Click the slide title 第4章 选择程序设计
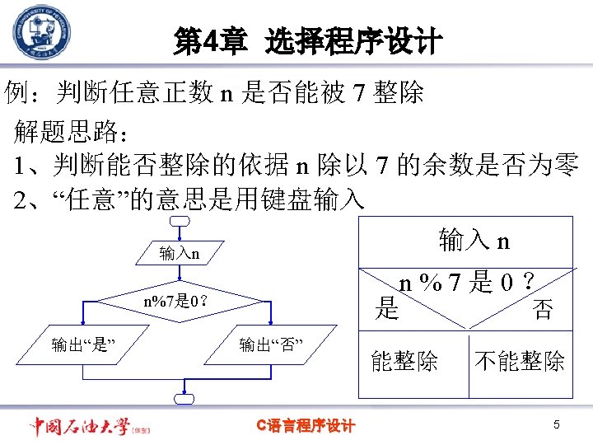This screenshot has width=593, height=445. click(x=308, y=41)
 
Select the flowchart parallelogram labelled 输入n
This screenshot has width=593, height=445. click(x=180, y=252)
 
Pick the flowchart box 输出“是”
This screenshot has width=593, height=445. click(x=82, y=344)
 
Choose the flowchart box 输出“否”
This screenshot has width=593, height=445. click(x=272, y=344)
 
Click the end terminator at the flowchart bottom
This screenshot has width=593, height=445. click(x=184, y=399)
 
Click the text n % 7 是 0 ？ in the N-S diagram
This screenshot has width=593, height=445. click(x=467, y=284)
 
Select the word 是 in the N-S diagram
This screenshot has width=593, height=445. click(x=386, y=309)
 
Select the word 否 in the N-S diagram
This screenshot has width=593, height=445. click(x=543, y=310)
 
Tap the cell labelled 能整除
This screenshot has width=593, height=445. click(x=404, y=361)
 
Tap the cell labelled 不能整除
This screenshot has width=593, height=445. click(x=520, y=361)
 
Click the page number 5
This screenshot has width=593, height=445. click(x=556, y=425)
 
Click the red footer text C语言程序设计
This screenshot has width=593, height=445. click(x=306, y=425)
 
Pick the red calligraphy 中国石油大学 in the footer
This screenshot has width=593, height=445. click(x=80, y=426)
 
